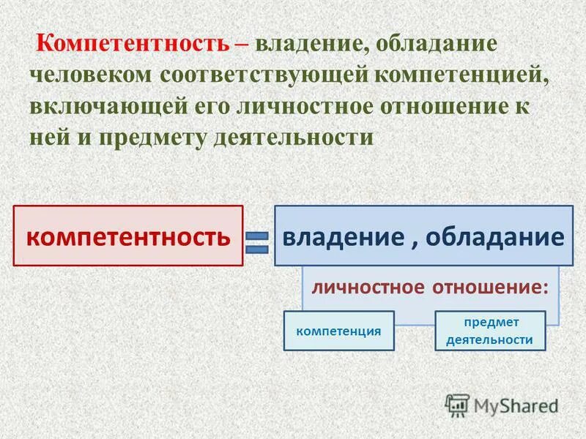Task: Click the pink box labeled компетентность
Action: [128, 236]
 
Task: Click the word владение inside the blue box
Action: [340, 236]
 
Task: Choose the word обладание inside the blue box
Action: [494, 236]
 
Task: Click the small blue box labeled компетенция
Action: [338, 331]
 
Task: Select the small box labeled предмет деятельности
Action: [489, 331]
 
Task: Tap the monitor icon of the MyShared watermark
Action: [458, 405]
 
